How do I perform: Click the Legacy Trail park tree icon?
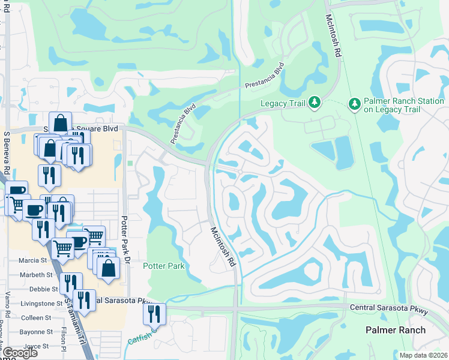click(x=314, y=104)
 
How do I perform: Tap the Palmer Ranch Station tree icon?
click(x=354, y=104)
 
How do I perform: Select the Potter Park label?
click(x=163, y=266)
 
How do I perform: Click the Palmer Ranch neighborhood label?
click(x=396, y=330)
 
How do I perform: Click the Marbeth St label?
click(x=36, y=275)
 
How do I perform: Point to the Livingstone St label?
click(x=41, y=304)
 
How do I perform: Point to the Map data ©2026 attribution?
click(x=423, y=355)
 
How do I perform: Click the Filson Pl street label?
click(x=63, y=338)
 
